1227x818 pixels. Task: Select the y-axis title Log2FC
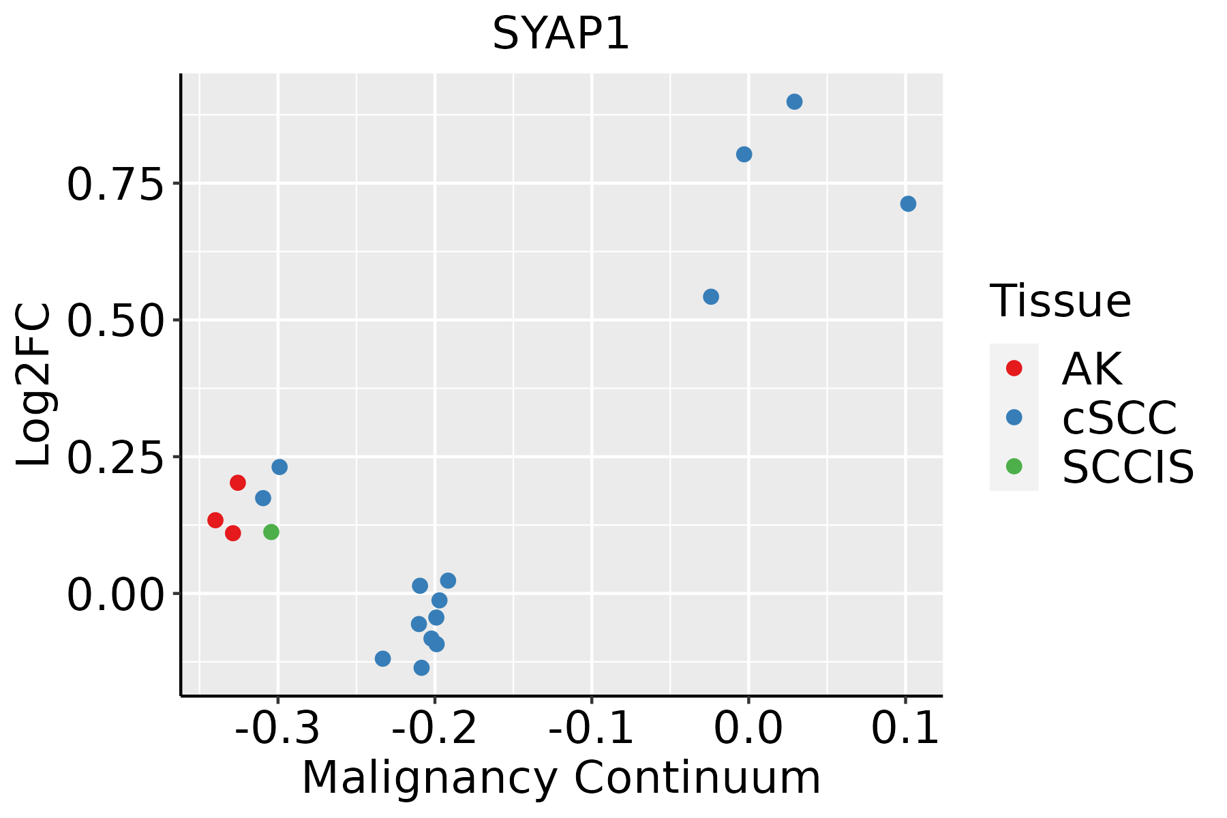point(34,385)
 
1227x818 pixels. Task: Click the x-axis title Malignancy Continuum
point(560,777)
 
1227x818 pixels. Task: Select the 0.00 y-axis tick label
point(115,594)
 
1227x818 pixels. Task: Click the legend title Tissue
point(1060,301)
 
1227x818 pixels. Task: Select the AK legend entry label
point(1091,369)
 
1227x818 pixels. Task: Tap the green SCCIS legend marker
point(1014,466)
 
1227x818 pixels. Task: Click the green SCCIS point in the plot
point(271,532)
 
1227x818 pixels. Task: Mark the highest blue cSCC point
point(794,102)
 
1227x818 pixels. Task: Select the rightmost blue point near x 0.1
point(908,204)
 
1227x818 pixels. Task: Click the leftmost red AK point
point(215,520)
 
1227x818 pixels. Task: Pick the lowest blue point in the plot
point(421,667)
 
